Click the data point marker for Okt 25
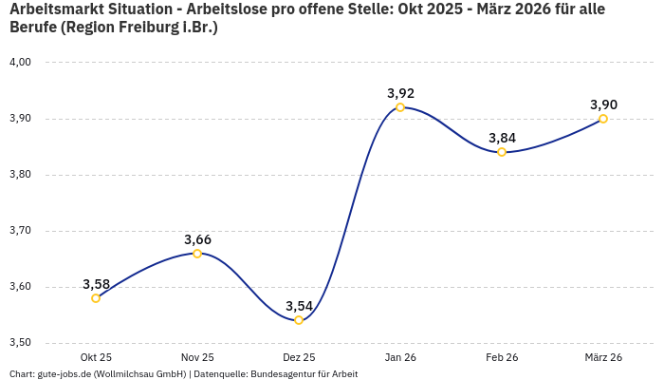tap(96, 298)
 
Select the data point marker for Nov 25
tap(197, 254)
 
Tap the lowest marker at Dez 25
tap(299, 320)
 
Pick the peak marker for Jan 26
tap(400, 107)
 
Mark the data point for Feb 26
tap(502, 152)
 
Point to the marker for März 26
tap(603, 119)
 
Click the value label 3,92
tap(400, 93)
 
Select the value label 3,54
tap(299, 306)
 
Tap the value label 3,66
tap(197, 239)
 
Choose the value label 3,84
tap(502, 138)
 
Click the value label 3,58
tap(96, 284)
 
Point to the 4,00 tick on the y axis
tap(20, 63)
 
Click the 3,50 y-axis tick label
tap(20, 343)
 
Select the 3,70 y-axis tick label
tap(20, 231)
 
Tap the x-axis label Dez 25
tap(299, 357)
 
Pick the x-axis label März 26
tap(603, 357)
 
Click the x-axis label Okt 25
tap(96, 357)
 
